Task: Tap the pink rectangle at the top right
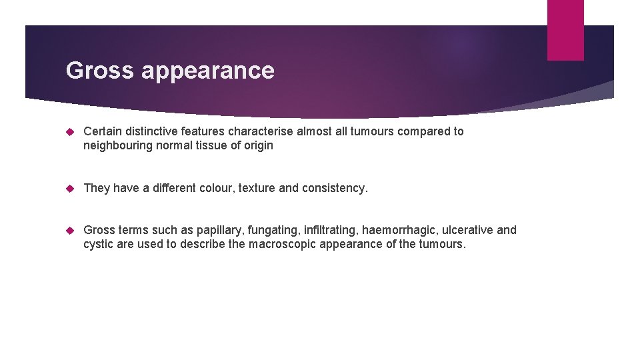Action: tap(565, 30)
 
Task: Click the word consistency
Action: tap(334, 188)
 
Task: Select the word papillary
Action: tap(223, 230)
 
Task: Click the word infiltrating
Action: tap(331, 230)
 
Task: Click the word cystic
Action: tap(98, 244)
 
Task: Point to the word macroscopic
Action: tap(282, 244)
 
